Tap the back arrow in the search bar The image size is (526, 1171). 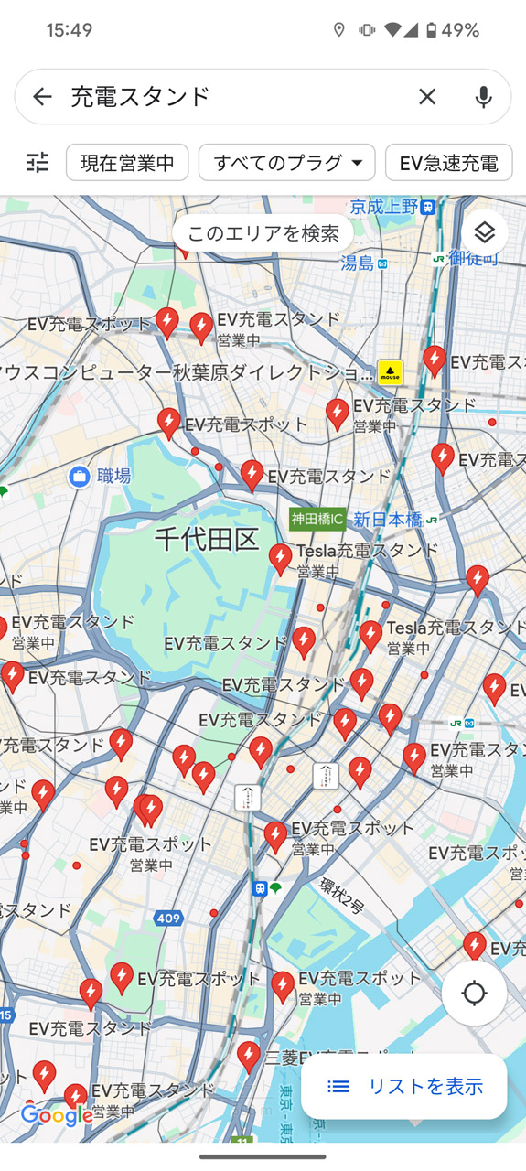[x=42, y=97]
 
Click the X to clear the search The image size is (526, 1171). [x=427, y=97]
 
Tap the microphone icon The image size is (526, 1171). [x=483, y=97]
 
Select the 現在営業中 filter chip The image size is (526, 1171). [x=127, y=163]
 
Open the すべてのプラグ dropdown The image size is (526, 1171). [x=287, y=163]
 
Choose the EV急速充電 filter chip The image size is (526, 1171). [x=448, y=163]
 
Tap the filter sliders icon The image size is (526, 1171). [x=38, y=163]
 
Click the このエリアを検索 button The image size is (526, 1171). [x=263, y=233]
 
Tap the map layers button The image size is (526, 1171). [x=484, y=233]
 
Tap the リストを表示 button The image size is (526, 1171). [x=404, y=1086]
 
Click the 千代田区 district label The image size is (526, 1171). [x=207, y=539]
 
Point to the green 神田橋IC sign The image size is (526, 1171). [x=317, y=519]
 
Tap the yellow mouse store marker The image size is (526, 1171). [x=390, y=372]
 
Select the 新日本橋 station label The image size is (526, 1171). [x=388, y=520]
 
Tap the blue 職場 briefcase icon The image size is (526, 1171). [x=80, y=476]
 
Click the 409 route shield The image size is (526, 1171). [x=168, y=918]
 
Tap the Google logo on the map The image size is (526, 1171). [x=57, y=1115]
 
